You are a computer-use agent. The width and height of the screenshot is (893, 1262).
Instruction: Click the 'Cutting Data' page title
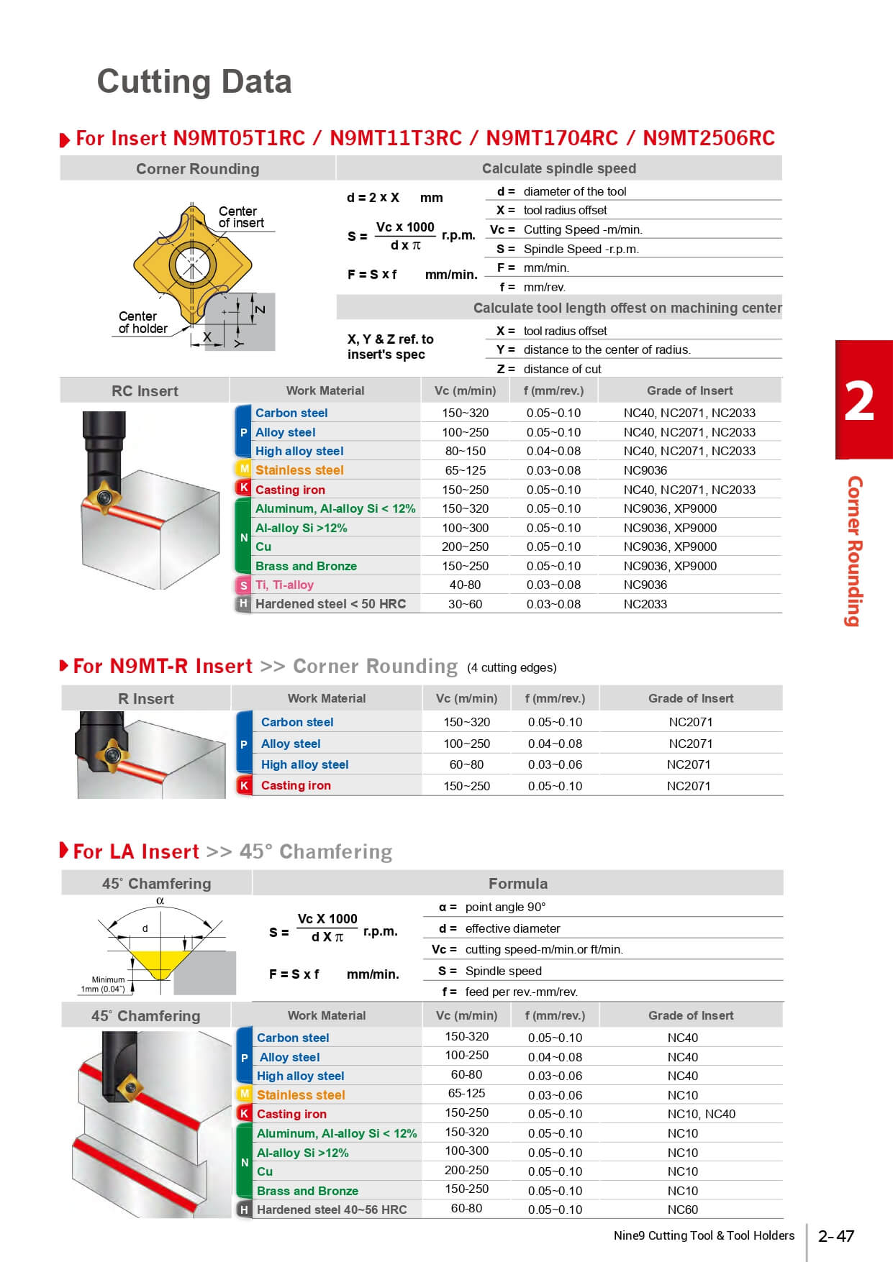[194, 82]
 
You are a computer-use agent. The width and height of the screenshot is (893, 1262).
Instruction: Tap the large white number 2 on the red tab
[859, 401]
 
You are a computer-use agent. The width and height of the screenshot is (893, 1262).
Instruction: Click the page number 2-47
[835, 1235]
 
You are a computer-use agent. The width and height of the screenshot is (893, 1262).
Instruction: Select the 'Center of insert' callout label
[241, 217]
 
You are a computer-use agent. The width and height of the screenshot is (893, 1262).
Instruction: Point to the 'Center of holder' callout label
[142, 322]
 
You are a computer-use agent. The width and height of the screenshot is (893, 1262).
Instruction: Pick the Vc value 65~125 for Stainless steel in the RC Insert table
[465, 470]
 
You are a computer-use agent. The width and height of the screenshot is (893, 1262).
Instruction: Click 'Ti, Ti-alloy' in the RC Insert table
[284, 585]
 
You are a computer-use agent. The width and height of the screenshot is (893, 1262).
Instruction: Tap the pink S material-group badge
[244, 585]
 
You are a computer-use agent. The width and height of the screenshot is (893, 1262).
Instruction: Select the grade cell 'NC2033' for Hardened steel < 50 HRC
[645, 604]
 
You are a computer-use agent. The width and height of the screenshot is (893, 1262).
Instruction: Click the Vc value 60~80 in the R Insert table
[466, 764]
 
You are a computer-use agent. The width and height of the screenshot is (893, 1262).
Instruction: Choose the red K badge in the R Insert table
[244, 785]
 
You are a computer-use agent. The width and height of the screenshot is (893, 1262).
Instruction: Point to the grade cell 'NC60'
[682, 1210]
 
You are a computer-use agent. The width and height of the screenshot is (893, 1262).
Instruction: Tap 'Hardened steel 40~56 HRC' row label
[332, 1210]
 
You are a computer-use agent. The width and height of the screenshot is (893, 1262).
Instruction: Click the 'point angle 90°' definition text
[505, 907]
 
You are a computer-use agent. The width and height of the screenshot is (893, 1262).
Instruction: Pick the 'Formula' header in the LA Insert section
[517, 883]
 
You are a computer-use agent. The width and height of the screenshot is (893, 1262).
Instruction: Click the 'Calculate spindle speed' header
[558, 168]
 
